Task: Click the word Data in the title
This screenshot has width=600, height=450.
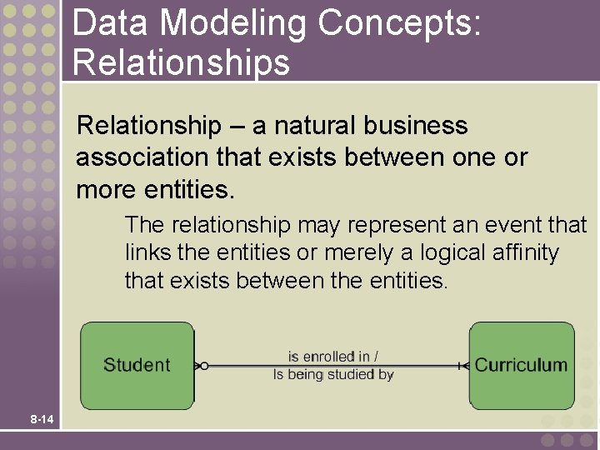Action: point(110,23)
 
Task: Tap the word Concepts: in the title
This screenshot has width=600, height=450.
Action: point(398,23)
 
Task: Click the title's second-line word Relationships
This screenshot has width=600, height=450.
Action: point(181,62)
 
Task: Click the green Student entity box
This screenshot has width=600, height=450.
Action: point(137,365)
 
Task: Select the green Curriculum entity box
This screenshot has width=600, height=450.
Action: point(522,365)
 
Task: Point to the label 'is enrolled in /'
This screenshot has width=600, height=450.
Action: point(333,356)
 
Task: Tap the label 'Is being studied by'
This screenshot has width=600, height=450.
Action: point(333,375)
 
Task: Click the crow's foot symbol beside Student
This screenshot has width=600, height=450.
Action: point(200,365)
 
